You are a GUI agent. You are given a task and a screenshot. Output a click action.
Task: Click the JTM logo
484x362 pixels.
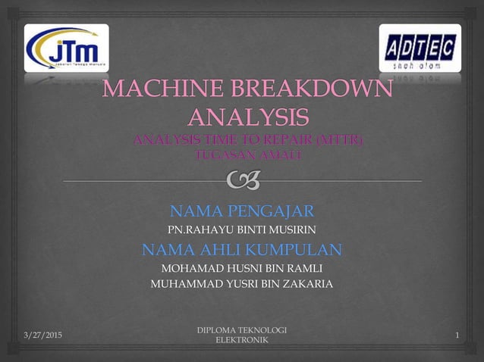[67, 48]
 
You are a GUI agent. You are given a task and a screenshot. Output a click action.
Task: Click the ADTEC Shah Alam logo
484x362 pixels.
[420, 48]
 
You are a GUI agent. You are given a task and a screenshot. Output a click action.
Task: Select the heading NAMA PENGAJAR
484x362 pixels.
[241, 210]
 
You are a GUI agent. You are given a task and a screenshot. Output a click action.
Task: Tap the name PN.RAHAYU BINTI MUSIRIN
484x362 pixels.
[241, 229]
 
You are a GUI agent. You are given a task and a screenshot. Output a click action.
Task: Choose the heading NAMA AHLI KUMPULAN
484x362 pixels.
[241, 249]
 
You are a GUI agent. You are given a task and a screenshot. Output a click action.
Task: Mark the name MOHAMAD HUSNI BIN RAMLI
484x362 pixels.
[241, 268]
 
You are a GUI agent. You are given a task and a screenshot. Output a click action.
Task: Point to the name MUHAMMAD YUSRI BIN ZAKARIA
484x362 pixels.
[241, 284]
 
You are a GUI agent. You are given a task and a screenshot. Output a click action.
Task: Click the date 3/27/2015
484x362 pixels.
[42, 335]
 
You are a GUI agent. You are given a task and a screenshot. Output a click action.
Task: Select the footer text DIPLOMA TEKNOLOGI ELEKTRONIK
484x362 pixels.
[241, 335]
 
